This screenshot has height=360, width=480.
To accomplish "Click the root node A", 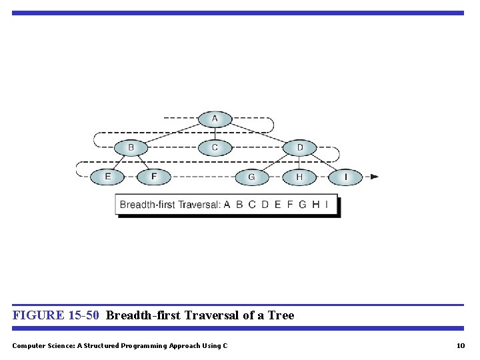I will click(215, 119).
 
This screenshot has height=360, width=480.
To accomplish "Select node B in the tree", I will click(131, 147).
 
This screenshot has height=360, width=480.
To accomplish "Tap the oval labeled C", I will click(215, 147).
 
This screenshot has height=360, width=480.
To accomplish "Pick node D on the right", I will click(299, 147).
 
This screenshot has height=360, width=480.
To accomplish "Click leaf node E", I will click(108, 177).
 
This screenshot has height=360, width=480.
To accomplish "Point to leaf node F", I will click(154, 177).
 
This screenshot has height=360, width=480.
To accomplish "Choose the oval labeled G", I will click(251, 177).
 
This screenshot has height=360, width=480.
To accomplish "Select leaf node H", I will click(299, 177).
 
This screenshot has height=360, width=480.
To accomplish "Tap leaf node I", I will click(345, 177).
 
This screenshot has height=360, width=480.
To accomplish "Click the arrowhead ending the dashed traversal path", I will click(374, 177).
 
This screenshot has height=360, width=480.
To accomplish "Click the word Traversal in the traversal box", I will click(198, 205).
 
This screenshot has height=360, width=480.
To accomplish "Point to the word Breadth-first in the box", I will click(147, 205).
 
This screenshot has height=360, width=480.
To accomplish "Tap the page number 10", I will click(460, 345).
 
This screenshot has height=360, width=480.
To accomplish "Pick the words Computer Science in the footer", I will click(43, 345).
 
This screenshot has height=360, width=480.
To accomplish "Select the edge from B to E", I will click(119, 162).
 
